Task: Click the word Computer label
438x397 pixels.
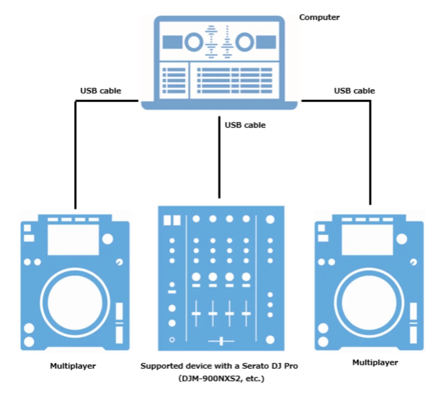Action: [x=319, y=17]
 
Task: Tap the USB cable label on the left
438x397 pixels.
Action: [x=101, y=91]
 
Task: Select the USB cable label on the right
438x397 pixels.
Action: [x=354, y=91]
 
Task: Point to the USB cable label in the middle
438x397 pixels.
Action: [x=245, y=125]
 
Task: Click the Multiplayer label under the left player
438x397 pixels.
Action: [x=73, y=366]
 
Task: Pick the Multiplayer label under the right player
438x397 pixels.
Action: [x=375, y=362]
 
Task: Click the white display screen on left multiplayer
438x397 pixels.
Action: [x=73, y=239]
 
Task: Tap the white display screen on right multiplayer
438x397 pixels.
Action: [x=367, y=239]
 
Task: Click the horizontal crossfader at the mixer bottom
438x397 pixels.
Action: [x=221, y=341]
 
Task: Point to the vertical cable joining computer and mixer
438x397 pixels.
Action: [x=219, y=158]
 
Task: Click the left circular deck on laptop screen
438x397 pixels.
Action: [x=193, y=42]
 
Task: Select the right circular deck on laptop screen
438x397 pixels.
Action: [x=244, y=42]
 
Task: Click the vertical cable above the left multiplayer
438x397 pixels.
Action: [x=75, y=154]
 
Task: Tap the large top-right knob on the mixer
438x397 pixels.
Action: [x=270, y=219]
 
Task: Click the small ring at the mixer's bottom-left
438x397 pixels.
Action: [x=172, y=340]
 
